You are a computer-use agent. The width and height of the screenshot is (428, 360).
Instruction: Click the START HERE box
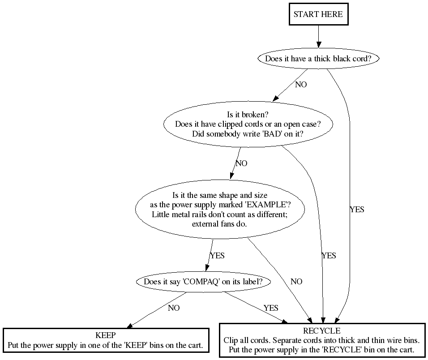tap(318, 14)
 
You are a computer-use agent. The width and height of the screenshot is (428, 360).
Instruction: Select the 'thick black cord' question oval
tap(318, 59)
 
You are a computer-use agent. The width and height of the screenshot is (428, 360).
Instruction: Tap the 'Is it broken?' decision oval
tap(248, 124)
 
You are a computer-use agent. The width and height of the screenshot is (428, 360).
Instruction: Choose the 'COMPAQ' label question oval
tap(202, 282)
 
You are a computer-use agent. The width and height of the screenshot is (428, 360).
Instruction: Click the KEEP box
tap(106, 340)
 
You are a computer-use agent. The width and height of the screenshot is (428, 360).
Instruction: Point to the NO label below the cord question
tap(301, 85)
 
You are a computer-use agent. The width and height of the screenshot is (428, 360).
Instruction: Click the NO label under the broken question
tap(241, 163)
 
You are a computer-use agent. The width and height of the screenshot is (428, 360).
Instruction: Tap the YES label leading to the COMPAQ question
tap(217, 256)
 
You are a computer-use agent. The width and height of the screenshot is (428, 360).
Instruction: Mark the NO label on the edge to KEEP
tap(174, 308)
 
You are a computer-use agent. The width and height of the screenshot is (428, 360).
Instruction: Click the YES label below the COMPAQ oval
tap(271, 308)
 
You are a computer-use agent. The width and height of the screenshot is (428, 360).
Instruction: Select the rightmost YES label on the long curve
tap(357, 210)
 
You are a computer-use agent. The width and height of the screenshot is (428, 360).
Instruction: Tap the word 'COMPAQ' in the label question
tap(202, 282)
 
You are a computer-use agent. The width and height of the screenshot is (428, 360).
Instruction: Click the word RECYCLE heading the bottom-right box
tap(321, 331)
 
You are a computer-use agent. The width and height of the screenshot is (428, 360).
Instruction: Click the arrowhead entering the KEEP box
tap(131, 326)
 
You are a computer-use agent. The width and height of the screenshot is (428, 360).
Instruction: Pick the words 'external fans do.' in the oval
tap(219, 223)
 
